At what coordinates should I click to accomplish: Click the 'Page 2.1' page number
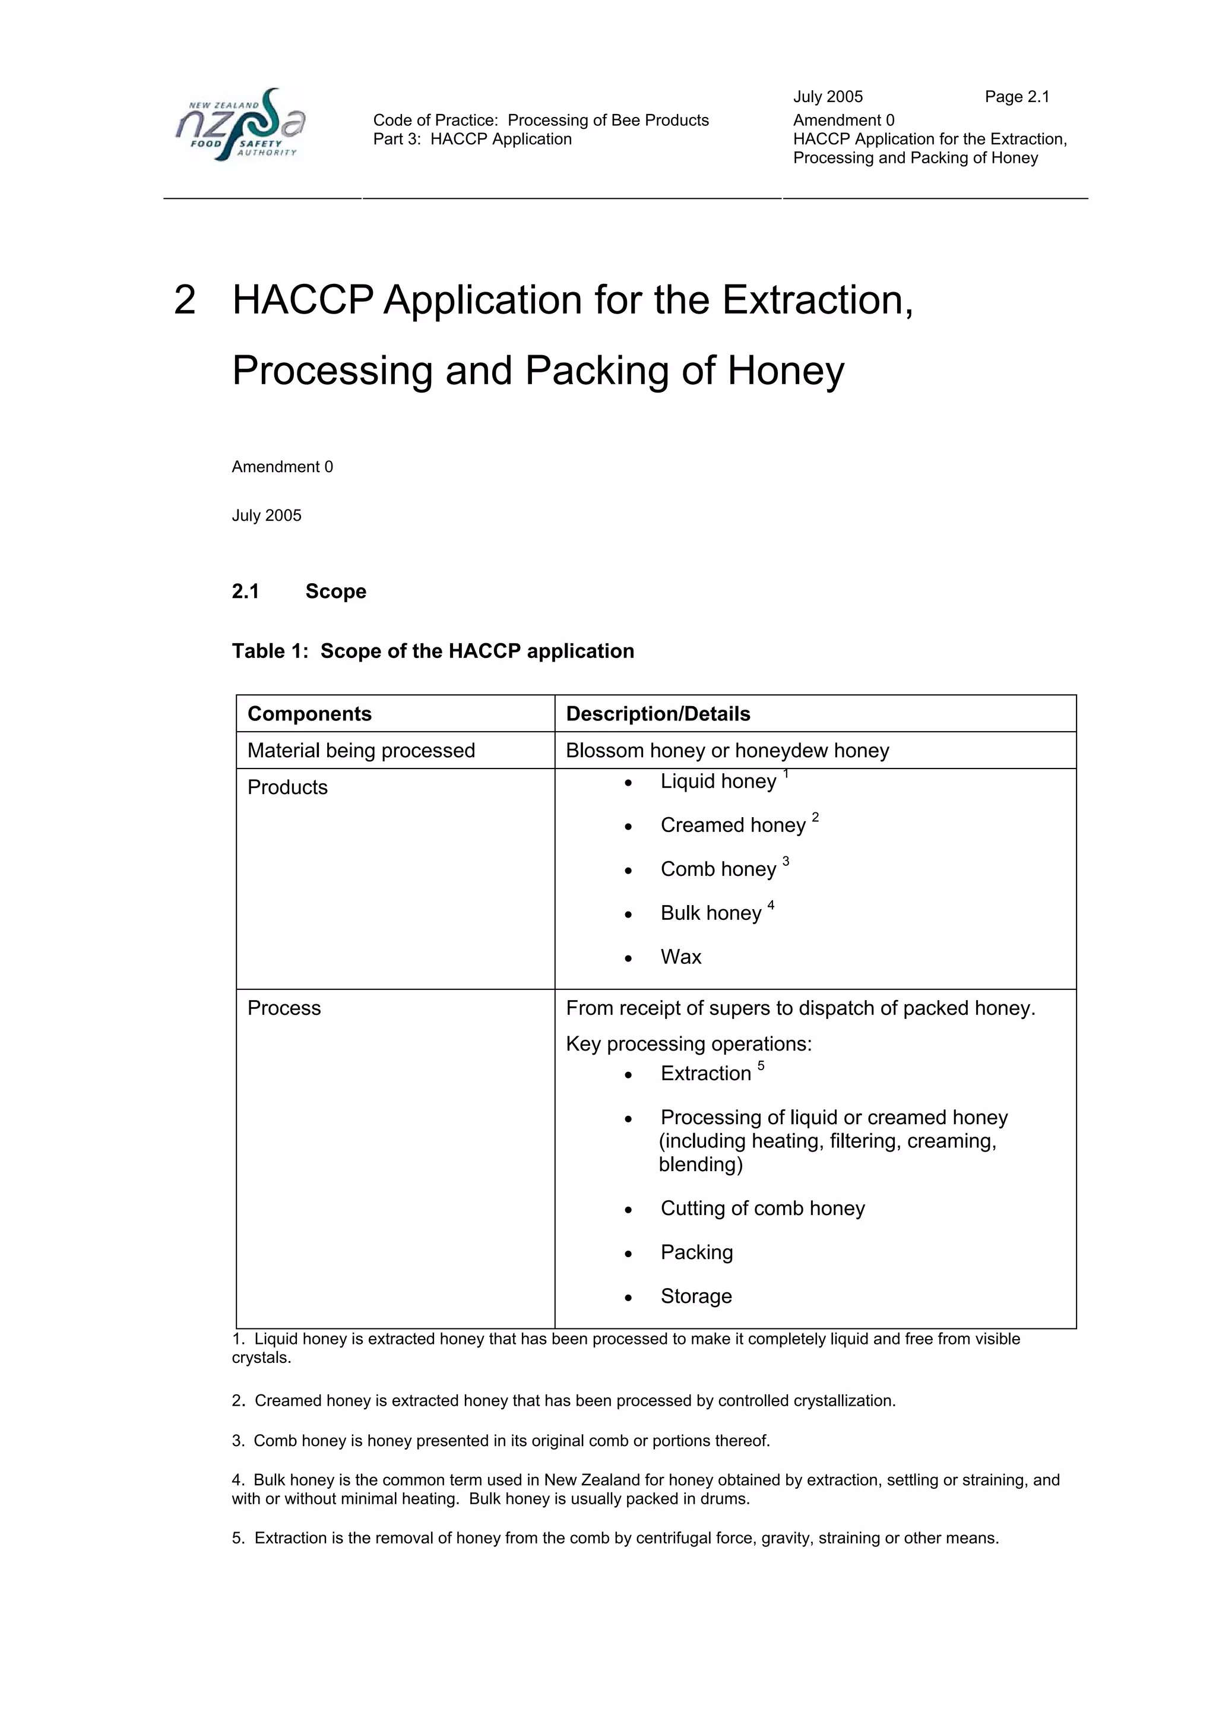(x=1016, y=97)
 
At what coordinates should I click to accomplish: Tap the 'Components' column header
(x=309, y=714)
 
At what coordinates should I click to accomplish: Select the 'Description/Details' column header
(x=658, y=714)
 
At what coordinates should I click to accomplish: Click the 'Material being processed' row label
(x=361, y=750)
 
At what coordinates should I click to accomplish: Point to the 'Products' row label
(x=288, y=787)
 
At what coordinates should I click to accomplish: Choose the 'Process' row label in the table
(x=284, y=1007)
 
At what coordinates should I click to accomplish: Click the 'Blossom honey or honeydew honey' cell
(x=727, y=750)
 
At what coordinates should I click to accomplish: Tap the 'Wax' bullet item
(x=681, y=957)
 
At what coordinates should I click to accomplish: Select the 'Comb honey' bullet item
(x=718, y=869)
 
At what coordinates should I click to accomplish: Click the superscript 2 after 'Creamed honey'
(x=815, y=817)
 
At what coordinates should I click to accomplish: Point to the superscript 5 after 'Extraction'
(x=761, y=1066)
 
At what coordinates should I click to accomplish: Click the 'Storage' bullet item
(x=696, y=1296)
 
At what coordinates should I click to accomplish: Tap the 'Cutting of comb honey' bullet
(x=762, y=1209)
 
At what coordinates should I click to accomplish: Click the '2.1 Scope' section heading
(x=299, y=591)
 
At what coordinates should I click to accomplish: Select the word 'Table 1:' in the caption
(x=270, y=651)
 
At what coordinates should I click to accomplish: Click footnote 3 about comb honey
(x=501, y=1441)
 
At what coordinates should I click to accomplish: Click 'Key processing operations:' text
(x=689, y=1043)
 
